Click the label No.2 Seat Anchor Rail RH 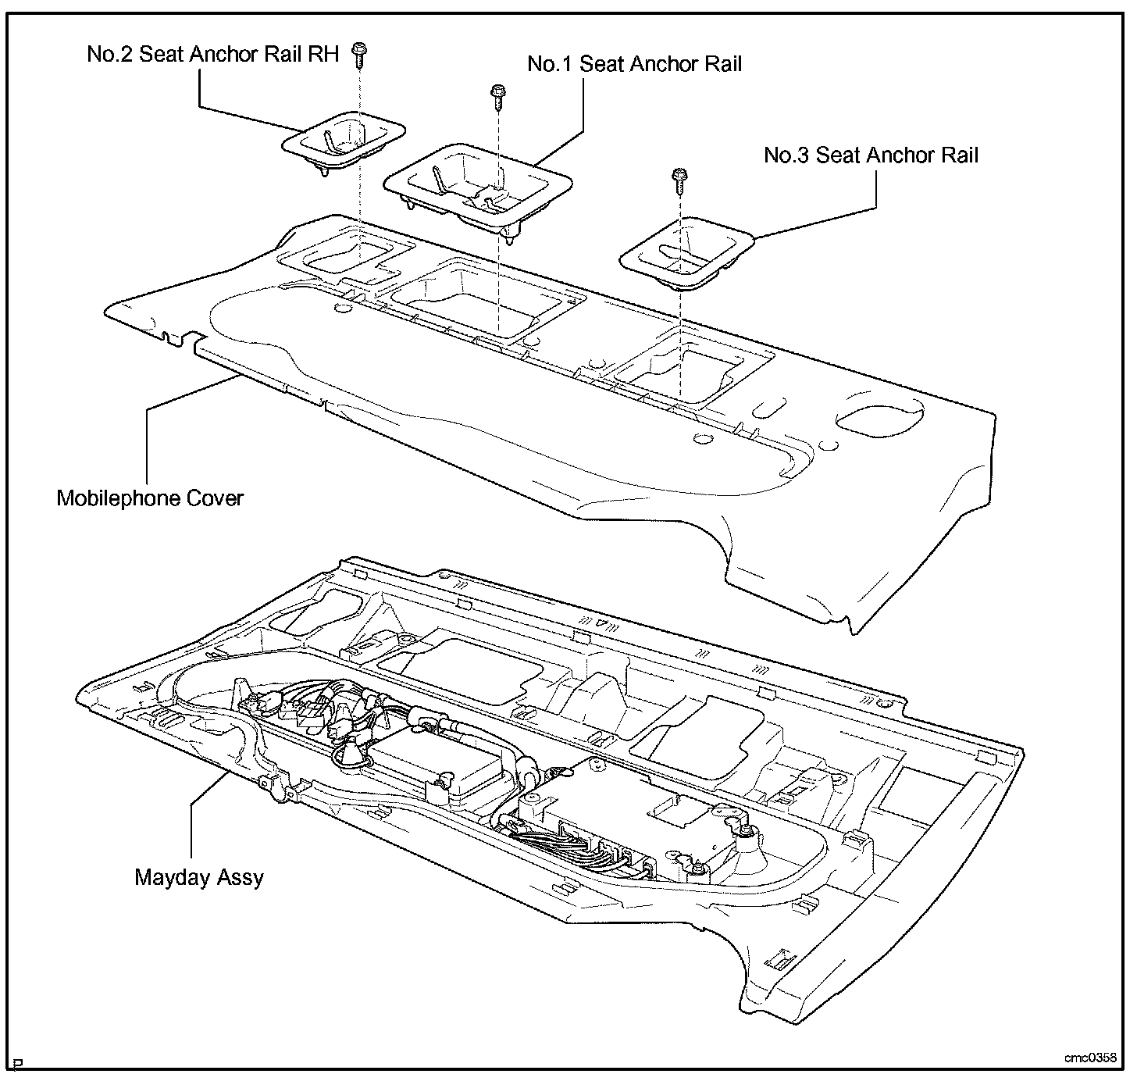click(212, 55)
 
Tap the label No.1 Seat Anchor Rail click(634, 64)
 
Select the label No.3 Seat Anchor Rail click(871, 155)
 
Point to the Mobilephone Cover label click(150, 498)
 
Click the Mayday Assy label click(199, 877)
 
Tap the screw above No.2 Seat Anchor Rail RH click(360, 53)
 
